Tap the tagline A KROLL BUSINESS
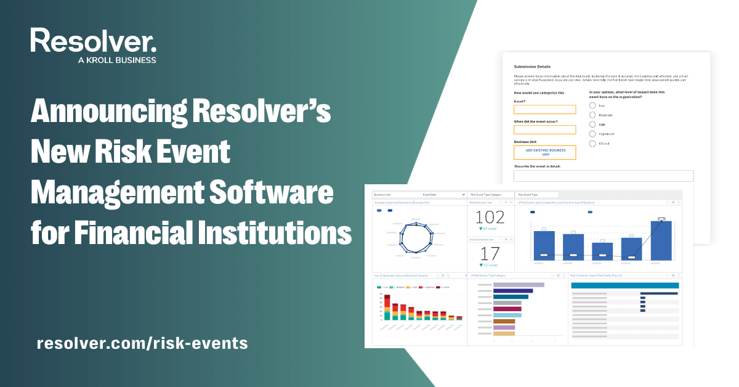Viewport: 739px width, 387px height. pyautogui.click(x=117, y=60)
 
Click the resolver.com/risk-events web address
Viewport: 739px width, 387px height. pyautogui.click(x=142, y=343)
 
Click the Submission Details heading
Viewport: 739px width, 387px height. pyautogui.click(x=532, y=67)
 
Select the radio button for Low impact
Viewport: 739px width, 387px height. pyautogui.click(x=592, y=105)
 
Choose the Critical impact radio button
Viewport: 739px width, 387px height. pyautogui.click(x=592, y=144)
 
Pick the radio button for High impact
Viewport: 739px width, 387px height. pyautogui.click(x=592, y=124)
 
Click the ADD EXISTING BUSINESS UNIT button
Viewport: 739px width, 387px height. pyautogui.click(x=545, y=152)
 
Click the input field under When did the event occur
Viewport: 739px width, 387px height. pyautogui.click(x=545, y=130)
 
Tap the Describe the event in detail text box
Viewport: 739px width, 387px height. pyautogui.click(x=604, y=176)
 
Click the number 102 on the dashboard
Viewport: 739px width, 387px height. pyautogui.click(x=490, y=217)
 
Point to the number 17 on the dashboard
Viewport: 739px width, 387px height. pyautogui.click(x=490, y=253)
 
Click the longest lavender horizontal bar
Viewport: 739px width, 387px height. pyautogui.click(x=519, y=285)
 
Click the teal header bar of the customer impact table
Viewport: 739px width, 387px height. pyautogui.click(x=624, y=285)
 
